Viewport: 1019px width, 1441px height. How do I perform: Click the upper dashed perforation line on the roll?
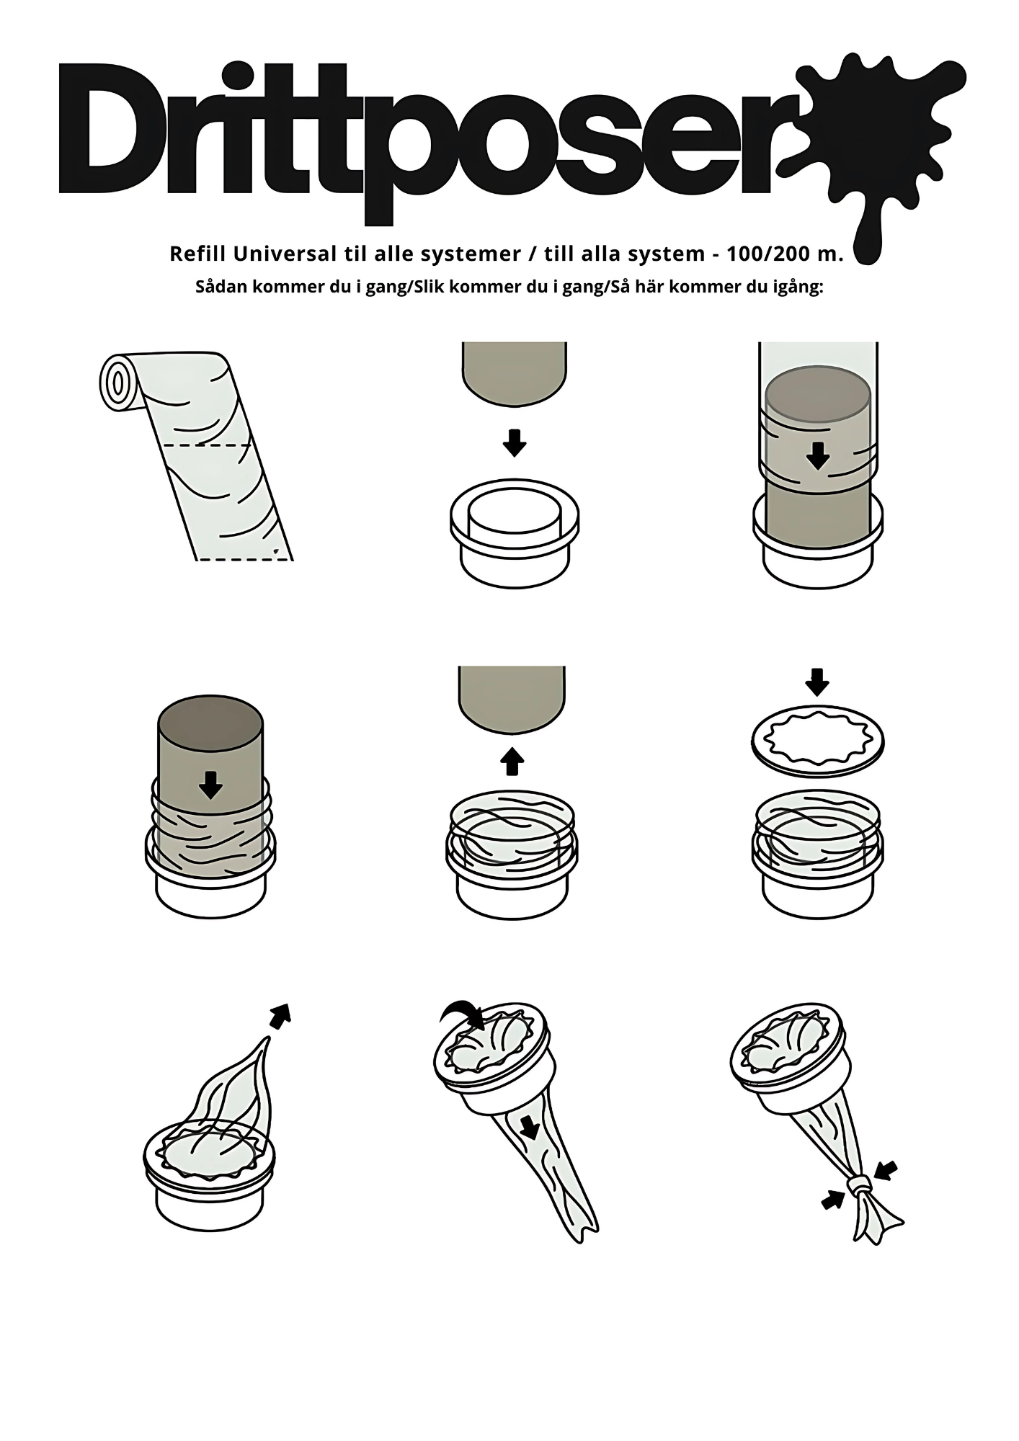pyautogui.click(x=205, y=446)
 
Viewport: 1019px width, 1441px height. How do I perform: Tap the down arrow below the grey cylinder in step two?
pyautogui.click(x=515, y=442)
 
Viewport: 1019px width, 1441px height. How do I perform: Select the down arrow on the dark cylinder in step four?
pyautogui.click(x=210, y=785)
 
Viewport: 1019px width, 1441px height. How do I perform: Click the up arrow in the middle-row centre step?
pyautogui.click(x=512, y=761)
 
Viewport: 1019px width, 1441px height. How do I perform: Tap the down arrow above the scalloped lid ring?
pyautogui.click(x=816, y=682)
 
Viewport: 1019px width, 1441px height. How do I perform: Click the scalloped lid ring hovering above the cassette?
pyautogui.click(x=818, y=741)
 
